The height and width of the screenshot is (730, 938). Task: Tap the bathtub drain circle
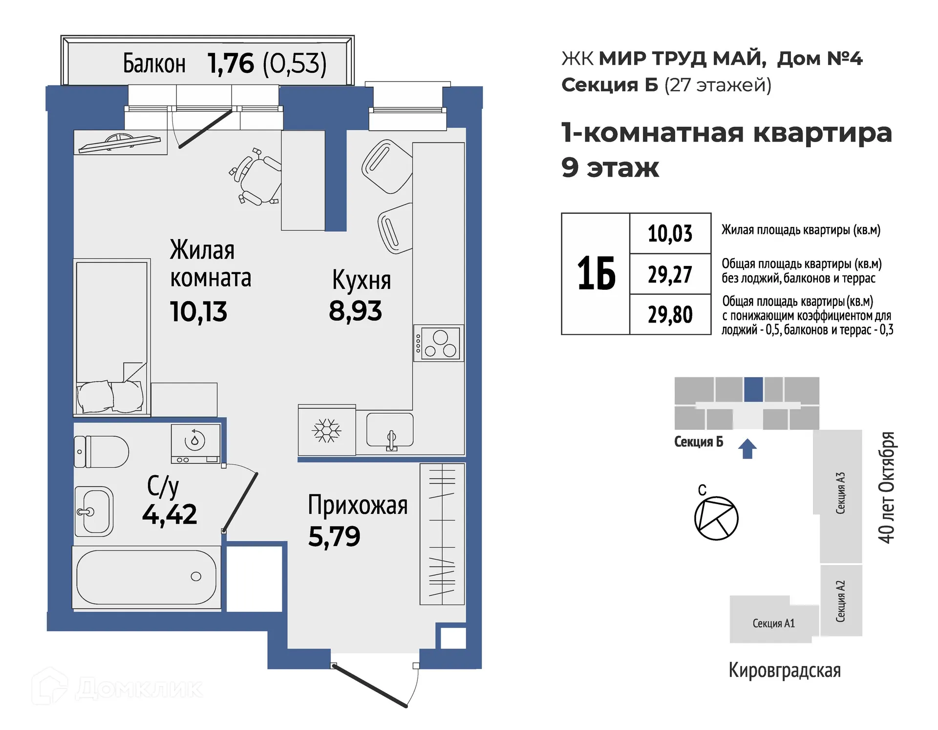coord(196,576)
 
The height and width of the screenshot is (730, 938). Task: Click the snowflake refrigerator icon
coord(327,430)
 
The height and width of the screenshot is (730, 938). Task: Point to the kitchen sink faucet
coord(391,439)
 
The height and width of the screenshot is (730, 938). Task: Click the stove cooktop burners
coord(439,344)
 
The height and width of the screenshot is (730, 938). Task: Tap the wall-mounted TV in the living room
coord(120,143)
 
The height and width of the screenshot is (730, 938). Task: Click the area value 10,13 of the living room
coord(198,311)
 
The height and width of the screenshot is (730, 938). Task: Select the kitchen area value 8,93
coord(355,311)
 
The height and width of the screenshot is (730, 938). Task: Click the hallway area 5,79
coord(334,536)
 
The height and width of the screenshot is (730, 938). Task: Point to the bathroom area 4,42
coord(170,514)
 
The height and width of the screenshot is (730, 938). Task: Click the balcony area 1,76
coord(231,63)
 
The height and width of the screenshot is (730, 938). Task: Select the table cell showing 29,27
coord(670,274)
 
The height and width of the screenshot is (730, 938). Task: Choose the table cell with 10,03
coord(670,233)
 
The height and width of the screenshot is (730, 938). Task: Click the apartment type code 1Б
coord(596,274)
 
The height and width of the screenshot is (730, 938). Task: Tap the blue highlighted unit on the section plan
coord(753,389)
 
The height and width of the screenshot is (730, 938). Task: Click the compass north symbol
coord(716,518)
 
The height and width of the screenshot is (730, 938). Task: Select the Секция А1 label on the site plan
coord(773,623)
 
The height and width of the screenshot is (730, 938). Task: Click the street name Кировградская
coord(785,670)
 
